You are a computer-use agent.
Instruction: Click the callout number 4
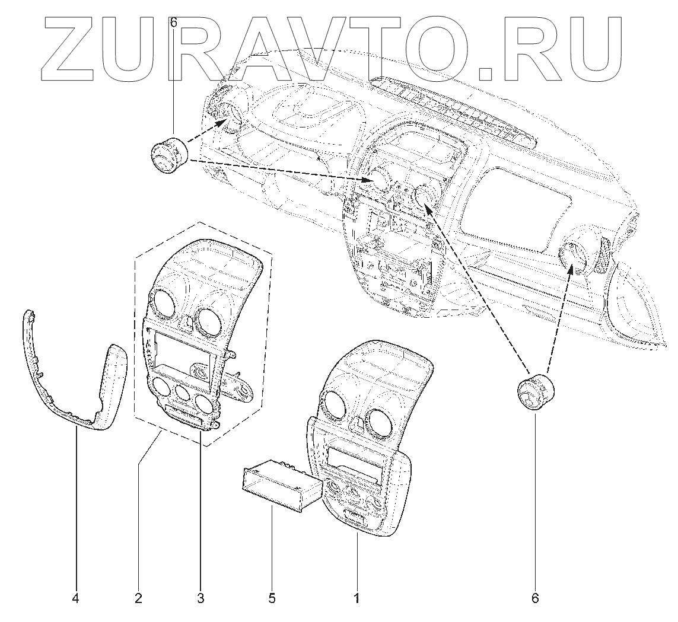click(75, 598)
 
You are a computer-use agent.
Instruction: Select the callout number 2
click(138, 598)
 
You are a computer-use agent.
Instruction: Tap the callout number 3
click(200, 598)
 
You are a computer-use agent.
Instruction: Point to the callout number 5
click(272, 598)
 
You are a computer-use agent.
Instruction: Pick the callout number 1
click(356, 598)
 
